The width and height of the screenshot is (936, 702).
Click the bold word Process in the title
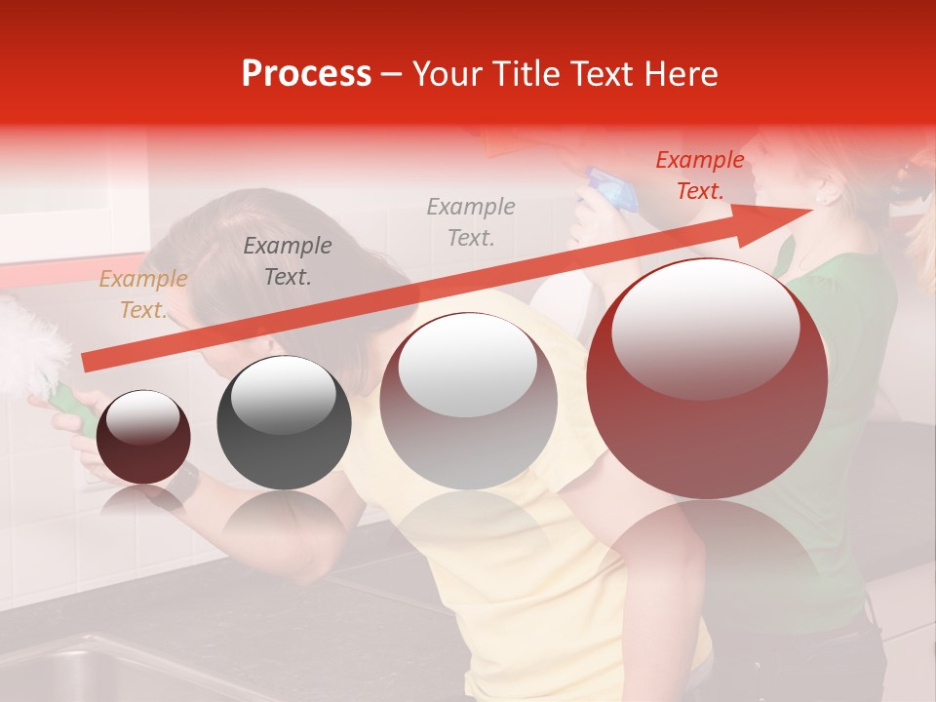click(x=306, y=74)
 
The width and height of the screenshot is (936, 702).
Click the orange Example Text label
click(x=142, y=294)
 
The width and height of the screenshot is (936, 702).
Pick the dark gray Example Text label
click(x=287, y=261)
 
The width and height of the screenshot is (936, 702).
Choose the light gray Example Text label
click(x=471, y=221)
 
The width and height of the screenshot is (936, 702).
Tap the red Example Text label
click(x=700, y=175)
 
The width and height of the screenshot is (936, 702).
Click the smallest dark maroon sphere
click(x=144, y=437)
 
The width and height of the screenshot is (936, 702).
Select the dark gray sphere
click(x=284, y=422)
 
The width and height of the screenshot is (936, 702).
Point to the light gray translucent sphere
click(x=468, y=401)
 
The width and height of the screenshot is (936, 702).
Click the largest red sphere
click(x=707, y=378)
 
